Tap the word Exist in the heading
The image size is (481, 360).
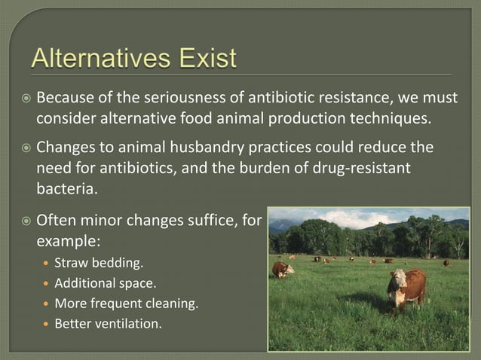[x=204, y=58]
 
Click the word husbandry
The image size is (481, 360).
[x=225, y=147]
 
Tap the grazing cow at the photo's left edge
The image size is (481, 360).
[x=281, y=269]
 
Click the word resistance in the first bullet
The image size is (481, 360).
[x=353, y=99]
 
